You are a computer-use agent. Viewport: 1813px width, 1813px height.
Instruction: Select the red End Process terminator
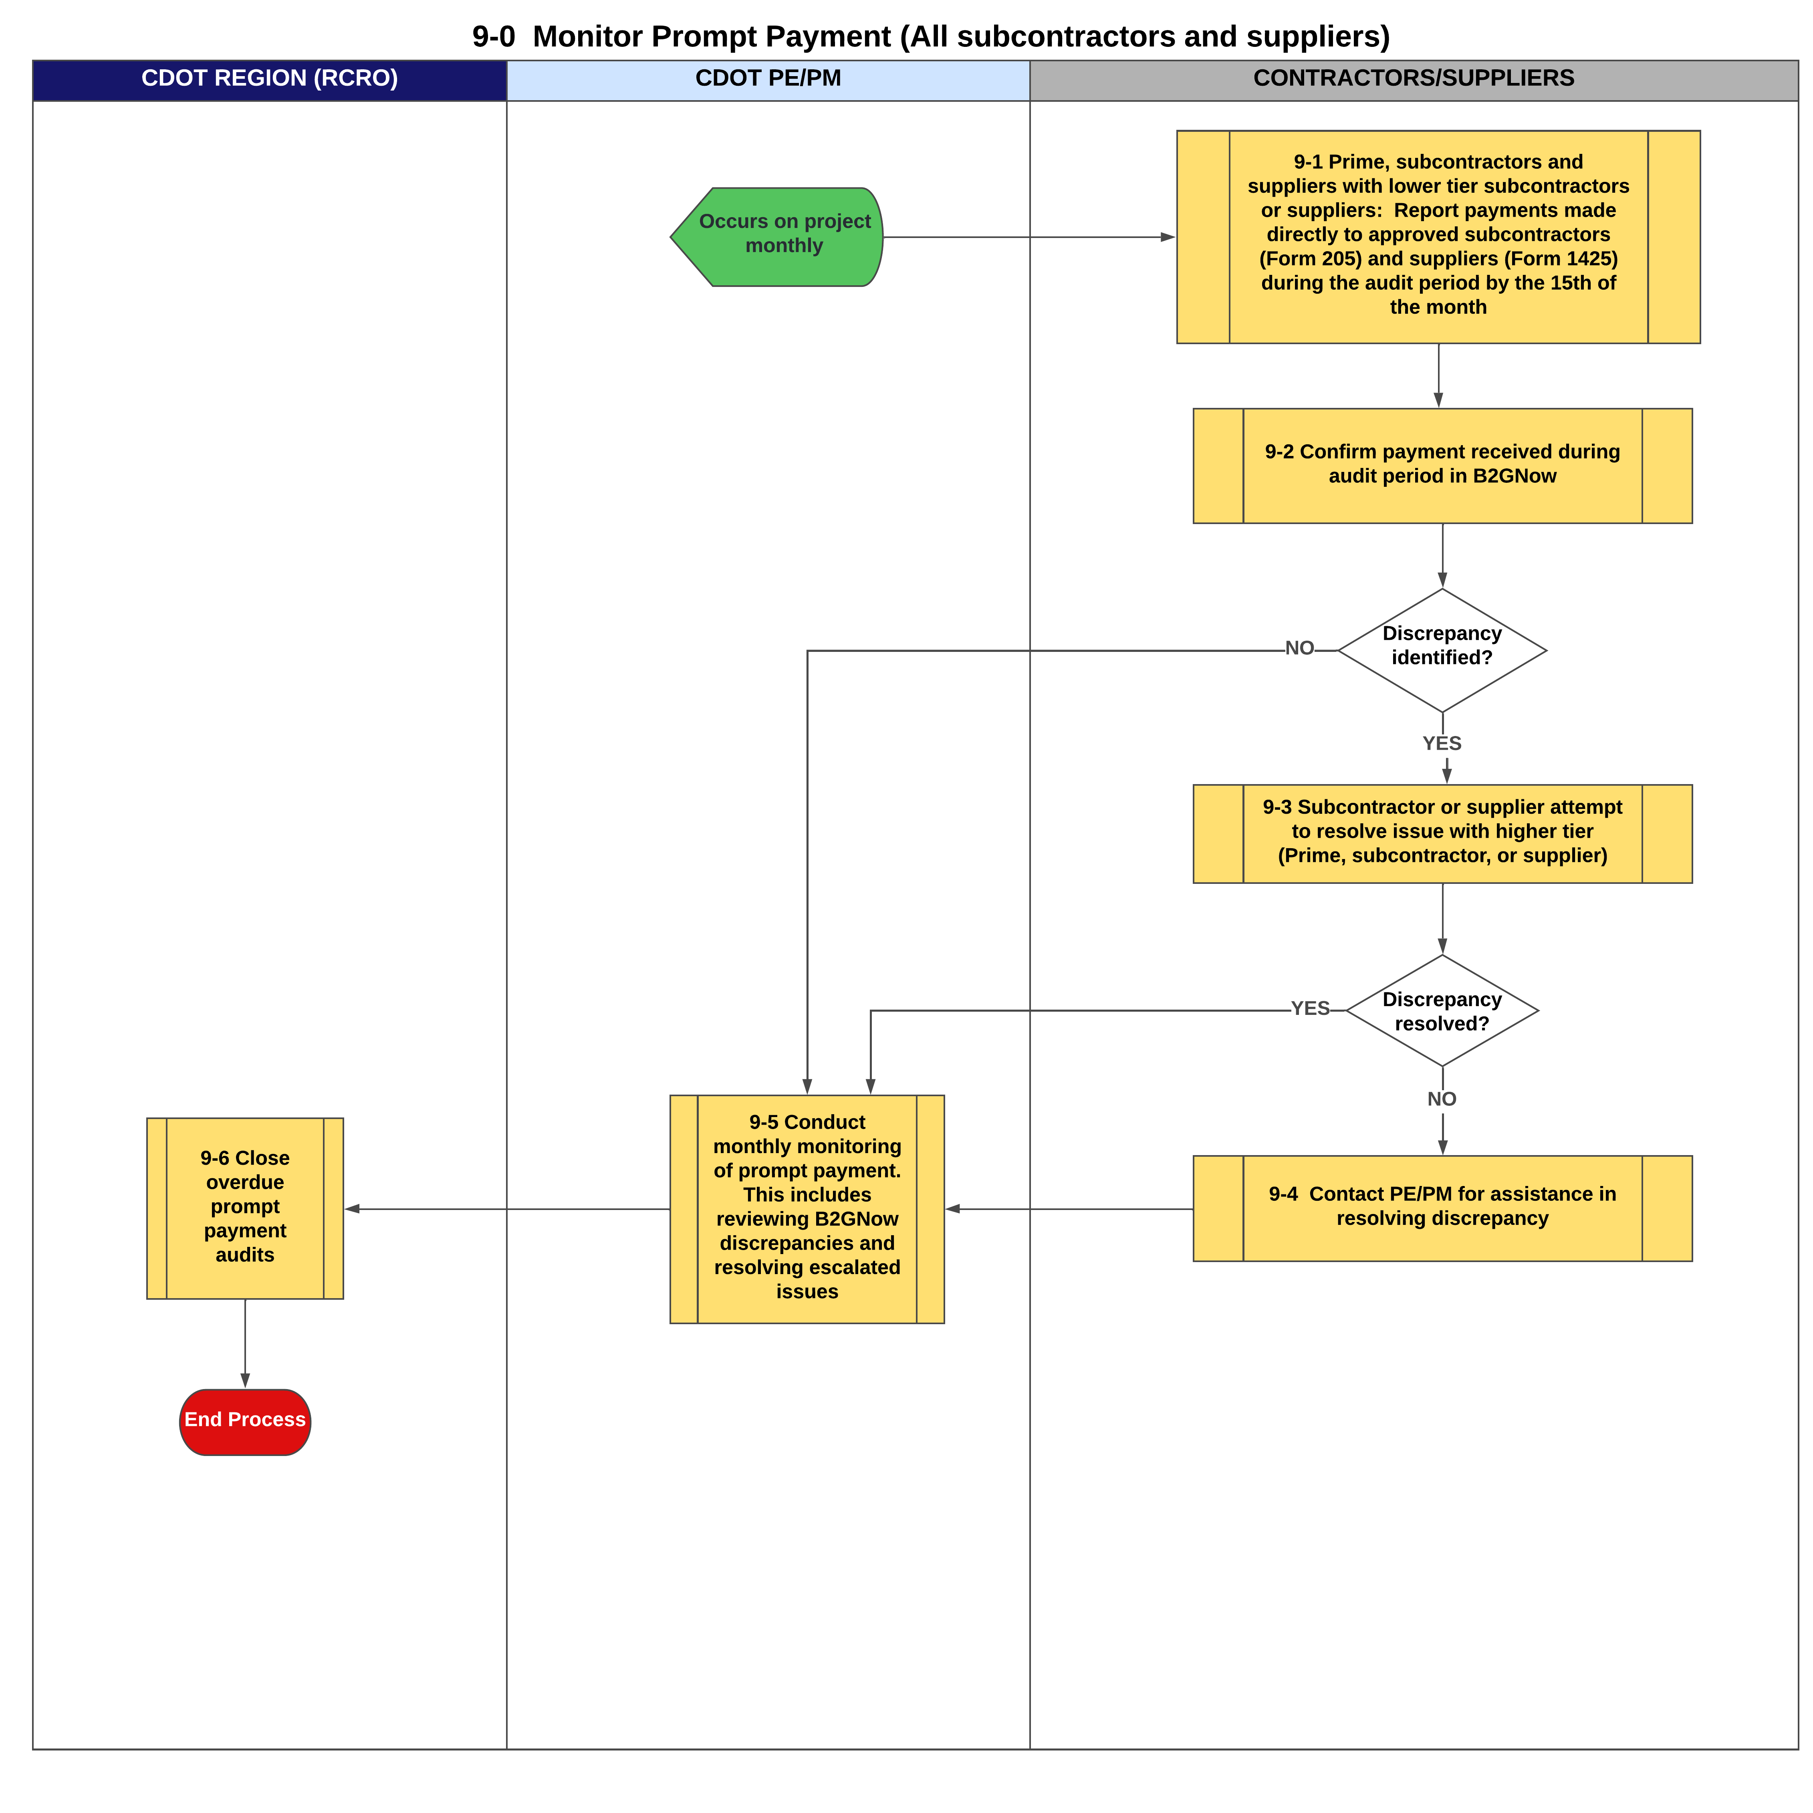point(245,1422)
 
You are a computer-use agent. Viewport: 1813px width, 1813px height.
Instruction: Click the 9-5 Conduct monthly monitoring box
point(807,1209)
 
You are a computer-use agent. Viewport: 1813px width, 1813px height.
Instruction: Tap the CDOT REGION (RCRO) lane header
point(269,79)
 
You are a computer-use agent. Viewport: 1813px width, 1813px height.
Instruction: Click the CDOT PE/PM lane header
point(768,79)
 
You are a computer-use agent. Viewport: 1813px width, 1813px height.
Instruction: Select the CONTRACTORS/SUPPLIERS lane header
point(1413,79)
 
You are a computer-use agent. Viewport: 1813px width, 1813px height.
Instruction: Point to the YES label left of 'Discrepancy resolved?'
point(1310,1009)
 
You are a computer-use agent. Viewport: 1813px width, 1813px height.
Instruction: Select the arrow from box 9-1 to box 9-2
point(1438,375)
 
